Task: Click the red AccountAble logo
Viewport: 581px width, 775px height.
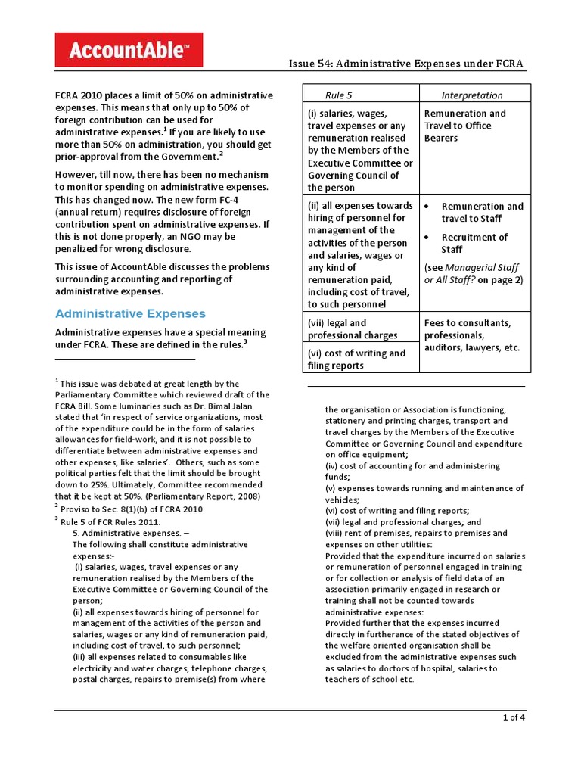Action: click(129, 50)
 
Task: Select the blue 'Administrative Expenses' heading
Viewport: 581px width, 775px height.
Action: click(130, 313)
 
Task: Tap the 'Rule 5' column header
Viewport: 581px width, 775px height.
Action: click(338, 95)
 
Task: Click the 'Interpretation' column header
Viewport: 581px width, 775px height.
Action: click(472, 95)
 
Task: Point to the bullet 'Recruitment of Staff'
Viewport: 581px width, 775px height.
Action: click(474, 243)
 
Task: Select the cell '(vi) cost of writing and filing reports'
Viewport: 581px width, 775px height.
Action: click(356, 359)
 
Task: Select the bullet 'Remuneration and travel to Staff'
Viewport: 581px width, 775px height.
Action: click(482, 212)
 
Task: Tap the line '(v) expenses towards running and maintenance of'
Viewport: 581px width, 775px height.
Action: click(424, 488)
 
